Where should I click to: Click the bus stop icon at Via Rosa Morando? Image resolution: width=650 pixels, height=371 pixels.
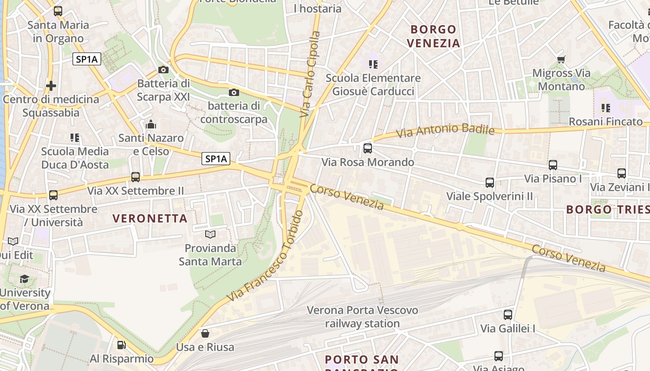[x=368, y=148]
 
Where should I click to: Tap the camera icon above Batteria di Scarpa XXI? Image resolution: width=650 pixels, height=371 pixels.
[x=163, y=70]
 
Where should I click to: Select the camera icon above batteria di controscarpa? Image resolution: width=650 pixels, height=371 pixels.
[x=234, y=92]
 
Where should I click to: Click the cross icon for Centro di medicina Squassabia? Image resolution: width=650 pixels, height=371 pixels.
[x=51, y=85]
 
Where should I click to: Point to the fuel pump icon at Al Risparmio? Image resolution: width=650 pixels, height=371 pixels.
[x=121, y=345]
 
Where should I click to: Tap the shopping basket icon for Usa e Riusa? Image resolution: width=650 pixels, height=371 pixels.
[x=205, y=333]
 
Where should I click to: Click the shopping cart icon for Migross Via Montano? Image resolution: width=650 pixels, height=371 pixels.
[x=561, y=59]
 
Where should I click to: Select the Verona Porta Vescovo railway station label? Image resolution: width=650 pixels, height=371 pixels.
[x=362, y=317]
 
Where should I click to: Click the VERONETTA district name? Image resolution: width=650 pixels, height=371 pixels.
[x=150, y=218]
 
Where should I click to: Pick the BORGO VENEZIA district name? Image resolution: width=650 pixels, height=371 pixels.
[x=433, y=36]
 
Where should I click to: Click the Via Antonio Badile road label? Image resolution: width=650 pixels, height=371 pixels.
[x=445, y=130]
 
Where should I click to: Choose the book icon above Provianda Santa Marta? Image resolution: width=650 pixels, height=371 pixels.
[x=210, y=234]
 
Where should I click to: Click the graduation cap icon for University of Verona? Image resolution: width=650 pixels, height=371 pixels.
[x=24, y=279]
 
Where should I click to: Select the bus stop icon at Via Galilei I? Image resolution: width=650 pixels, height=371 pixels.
[x=508, y=314]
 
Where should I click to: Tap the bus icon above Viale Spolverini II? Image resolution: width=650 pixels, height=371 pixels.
[x=490, y=182]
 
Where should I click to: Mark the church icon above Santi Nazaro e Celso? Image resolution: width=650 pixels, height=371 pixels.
[x=151, y=124]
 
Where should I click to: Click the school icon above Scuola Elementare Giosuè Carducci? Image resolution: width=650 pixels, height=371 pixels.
[x=373, y=64]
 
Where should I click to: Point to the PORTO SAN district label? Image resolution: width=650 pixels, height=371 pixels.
[x=362, y=359]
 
